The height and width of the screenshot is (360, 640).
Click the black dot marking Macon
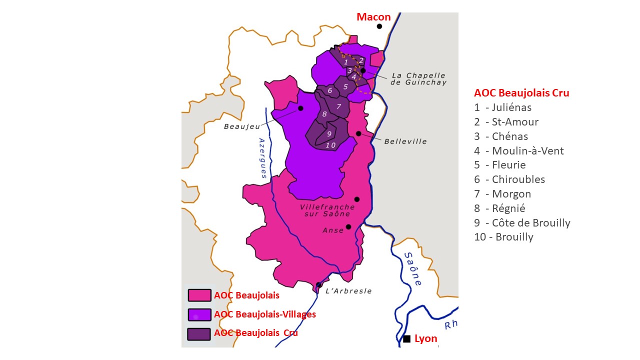[x=379, y=26]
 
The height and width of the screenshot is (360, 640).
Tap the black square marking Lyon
[x=407, y=339]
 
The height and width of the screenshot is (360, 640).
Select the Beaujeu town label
[x=238, y=126]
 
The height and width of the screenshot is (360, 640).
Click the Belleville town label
[x=405, y=141]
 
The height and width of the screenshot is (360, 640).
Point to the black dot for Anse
[x=348, y=226]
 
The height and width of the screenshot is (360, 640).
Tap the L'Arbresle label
[x=348, y=291]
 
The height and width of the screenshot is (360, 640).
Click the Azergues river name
[x=262, y=158]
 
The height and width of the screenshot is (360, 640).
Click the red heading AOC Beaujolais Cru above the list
[x=521, y=93]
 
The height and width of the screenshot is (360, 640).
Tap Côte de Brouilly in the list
[x=522, y=223]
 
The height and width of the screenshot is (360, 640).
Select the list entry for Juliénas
[x=502, y=107]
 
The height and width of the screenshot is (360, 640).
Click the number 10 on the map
[x=330, y=145]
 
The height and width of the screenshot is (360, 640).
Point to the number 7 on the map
[x=338, y=106]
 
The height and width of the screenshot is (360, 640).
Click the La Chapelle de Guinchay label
[x=418, y=79]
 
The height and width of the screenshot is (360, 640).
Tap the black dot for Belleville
[x=358, y=133]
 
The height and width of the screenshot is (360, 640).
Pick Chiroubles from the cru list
[x=509, y=179]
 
